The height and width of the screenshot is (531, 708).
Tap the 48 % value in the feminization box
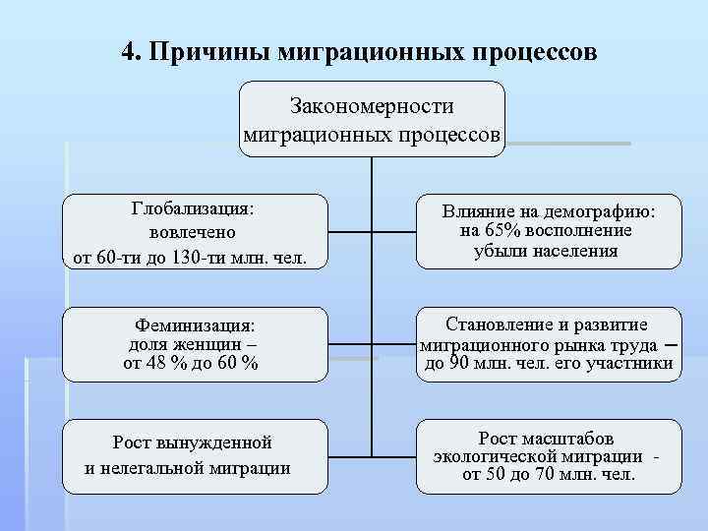164,364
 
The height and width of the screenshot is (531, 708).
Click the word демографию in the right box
602,211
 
